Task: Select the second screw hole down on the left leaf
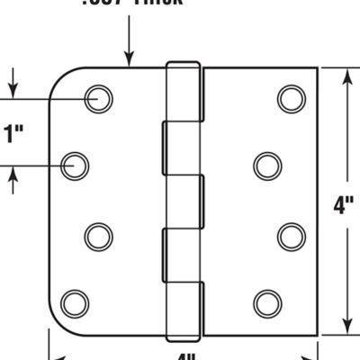(76, 165)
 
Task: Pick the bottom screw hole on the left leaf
(76, 301)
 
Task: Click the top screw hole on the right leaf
(289, 98)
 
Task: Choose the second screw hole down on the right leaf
(266, 165)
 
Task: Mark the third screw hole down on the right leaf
(289, 235)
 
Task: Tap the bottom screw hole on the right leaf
(266, 301)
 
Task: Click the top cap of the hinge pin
(183, 64)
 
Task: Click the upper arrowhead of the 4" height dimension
(346, 74)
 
